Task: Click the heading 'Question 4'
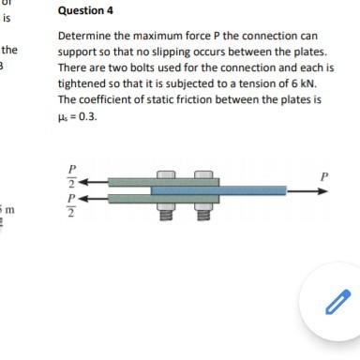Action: point(85,12)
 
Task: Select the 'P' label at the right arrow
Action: point(324,175)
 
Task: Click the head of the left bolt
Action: point(165,174)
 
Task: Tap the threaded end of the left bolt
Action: point(165,216)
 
